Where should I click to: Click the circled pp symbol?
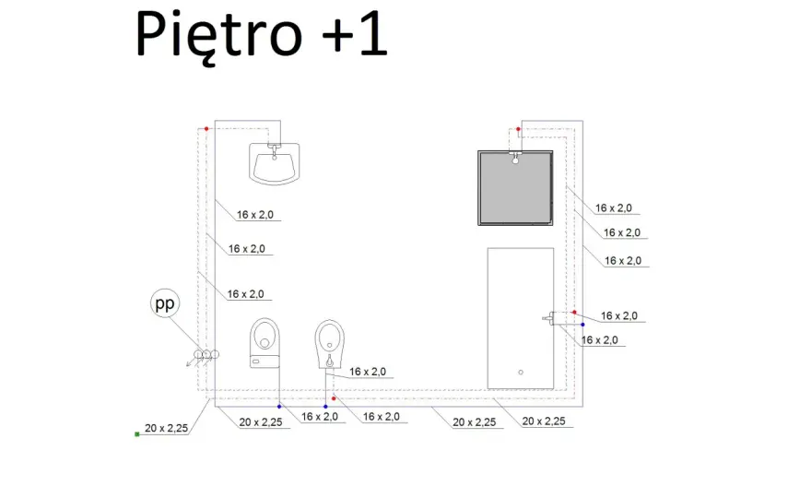tap(165, 303)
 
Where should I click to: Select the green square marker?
tap(137, 434)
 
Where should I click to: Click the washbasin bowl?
tap(274, 163)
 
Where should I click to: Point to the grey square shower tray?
tap(515, 188)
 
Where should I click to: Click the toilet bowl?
tap(264, 335)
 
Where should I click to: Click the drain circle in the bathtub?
tap(521, 373)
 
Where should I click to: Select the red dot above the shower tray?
tap(518, 129)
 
